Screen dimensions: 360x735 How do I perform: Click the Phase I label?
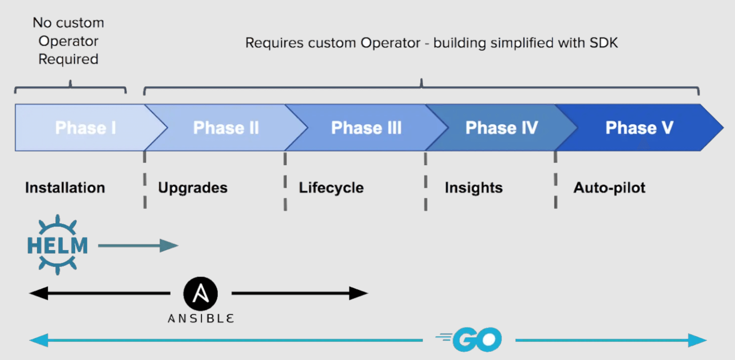click(86, 128)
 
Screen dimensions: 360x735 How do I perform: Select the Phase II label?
click(226, 128)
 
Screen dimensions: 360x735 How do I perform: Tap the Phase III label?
click(366, 128)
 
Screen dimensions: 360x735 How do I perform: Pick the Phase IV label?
click(502, 128)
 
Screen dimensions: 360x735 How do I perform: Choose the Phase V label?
click(640, 128)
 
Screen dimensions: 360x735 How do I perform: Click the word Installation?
click(65, 188)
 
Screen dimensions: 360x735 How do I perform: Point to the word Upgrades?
click(193, 188)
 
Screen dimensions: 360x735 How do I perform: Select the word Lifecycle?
click(331, 188)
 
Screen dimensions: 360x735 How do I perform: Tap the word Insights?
click(474, 188)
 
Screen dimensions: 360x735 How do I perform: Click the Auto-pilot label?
click(609, 188)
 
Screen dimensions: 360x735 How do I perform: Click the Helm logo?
click(57, 245)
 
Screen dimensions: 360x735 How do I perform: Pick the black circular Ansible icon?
click(201, 293)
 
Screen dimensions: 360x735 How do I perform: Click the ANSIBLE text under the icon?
click(201, 318)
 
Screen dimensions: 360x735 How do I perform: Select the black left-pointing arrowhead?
click(39, 293)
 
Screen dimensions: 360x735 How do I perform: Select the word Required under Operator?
click(68, 59)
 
